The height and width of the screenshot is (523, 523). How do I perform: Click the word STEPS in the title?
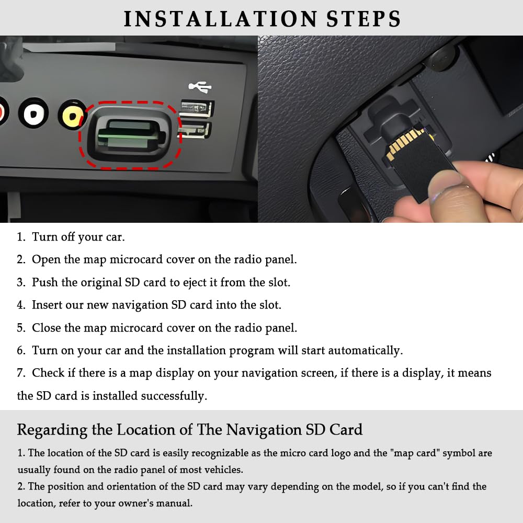[x=363, y=19]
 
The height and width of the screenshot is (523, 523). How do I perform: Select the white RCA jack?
[x=33, y=113]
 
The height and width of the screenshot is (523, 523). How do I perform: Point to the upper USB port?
[x=197, y=108]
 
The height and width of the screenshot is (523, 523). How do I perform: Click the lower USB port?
[x=195, y=130]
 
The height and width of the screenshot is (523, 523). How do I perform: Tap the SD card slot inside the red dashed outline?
[x=131, y=135]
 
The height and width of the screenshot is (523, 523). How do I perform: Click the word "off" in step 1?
[x=67, y=237]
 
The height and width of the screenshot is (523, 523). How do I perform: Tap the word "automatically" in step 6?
[x=365, y=350]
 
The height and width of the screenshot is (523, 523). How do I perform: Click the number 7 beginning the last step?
[x=21, y=373]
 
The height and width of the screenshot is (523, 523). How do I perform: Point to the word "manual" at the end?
[x=175, y=503]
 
